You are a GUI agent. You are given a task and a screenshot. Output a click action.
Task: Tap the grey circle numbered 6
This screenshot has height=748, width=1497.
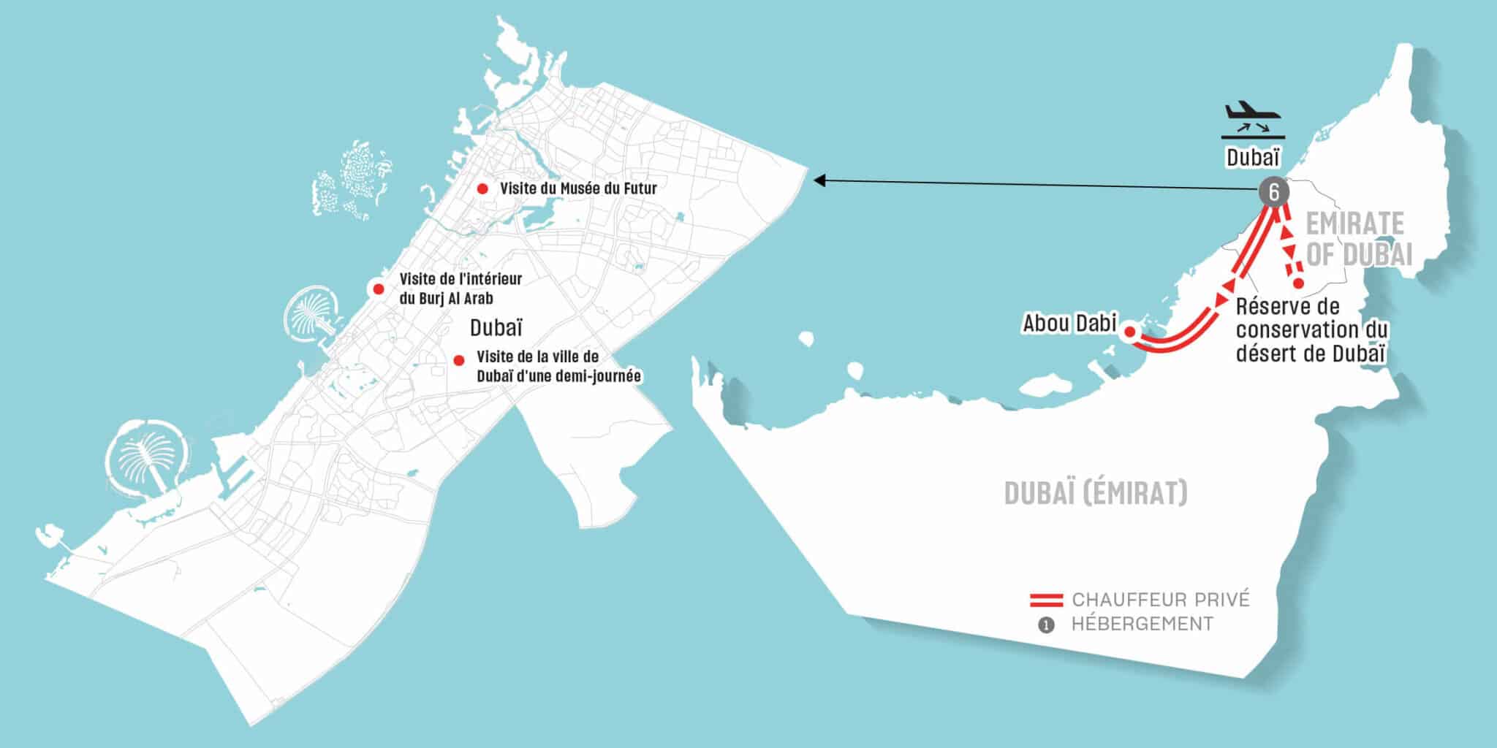point(1274,193)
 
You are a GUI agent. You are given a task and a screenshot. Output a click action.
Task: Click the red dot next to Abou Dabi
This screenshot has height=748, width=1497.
point(1129,332)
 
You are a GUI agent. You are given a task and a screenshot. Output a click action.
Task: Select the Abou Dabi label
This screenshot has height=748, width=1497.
point(1069,323)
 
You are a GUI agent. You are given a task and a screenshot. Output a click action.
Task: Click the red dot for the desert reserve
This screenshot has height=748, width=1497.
point(1298,283)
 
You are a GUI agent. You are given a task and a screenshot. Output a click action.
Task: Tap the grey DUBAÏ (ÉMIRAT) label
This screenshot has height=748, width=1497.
point(1096,494)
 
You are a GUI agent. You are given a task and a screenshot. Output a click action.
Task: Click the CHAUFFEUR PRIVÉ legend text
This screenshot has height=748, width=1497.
point(1161,600)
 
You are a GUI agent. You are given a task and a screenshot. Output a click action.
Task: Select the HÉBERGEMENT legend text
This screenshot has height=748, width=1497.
point(1142,624)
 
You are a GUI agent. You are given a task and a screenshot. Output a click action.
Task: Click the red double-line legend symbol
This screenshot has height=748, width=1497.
point(1046,600)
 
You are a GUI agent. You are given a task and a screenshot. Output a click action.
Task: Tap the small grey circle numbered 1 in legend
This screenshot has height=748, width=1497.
point(1047,625)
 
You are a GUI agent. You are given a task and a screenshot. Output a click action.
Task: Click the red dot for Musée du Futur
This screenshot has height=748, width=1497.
point(482,188)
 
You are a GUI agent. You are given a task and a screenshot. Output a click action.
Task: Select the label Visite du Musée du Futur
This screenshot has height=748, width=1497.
point(578,188)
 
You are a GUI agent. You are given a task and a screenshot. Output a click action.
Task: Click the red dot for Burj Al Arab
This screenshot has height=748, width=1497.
point(378,289)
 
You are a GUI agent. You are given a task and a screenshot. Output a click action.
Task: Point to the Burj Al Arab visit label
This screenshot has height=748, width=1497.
point(461,289)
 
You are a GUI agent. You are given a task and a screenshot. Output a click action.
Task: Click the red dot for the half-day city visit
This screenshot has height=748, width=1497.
point(459,360)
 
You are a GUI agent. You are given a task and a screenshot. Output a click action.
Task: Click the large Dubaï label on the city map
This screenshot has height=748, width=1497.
point(496,327)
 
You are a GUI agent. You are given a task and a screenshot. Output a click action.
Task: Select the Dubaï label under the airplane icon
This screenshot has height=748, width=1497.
point(1253,158)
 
